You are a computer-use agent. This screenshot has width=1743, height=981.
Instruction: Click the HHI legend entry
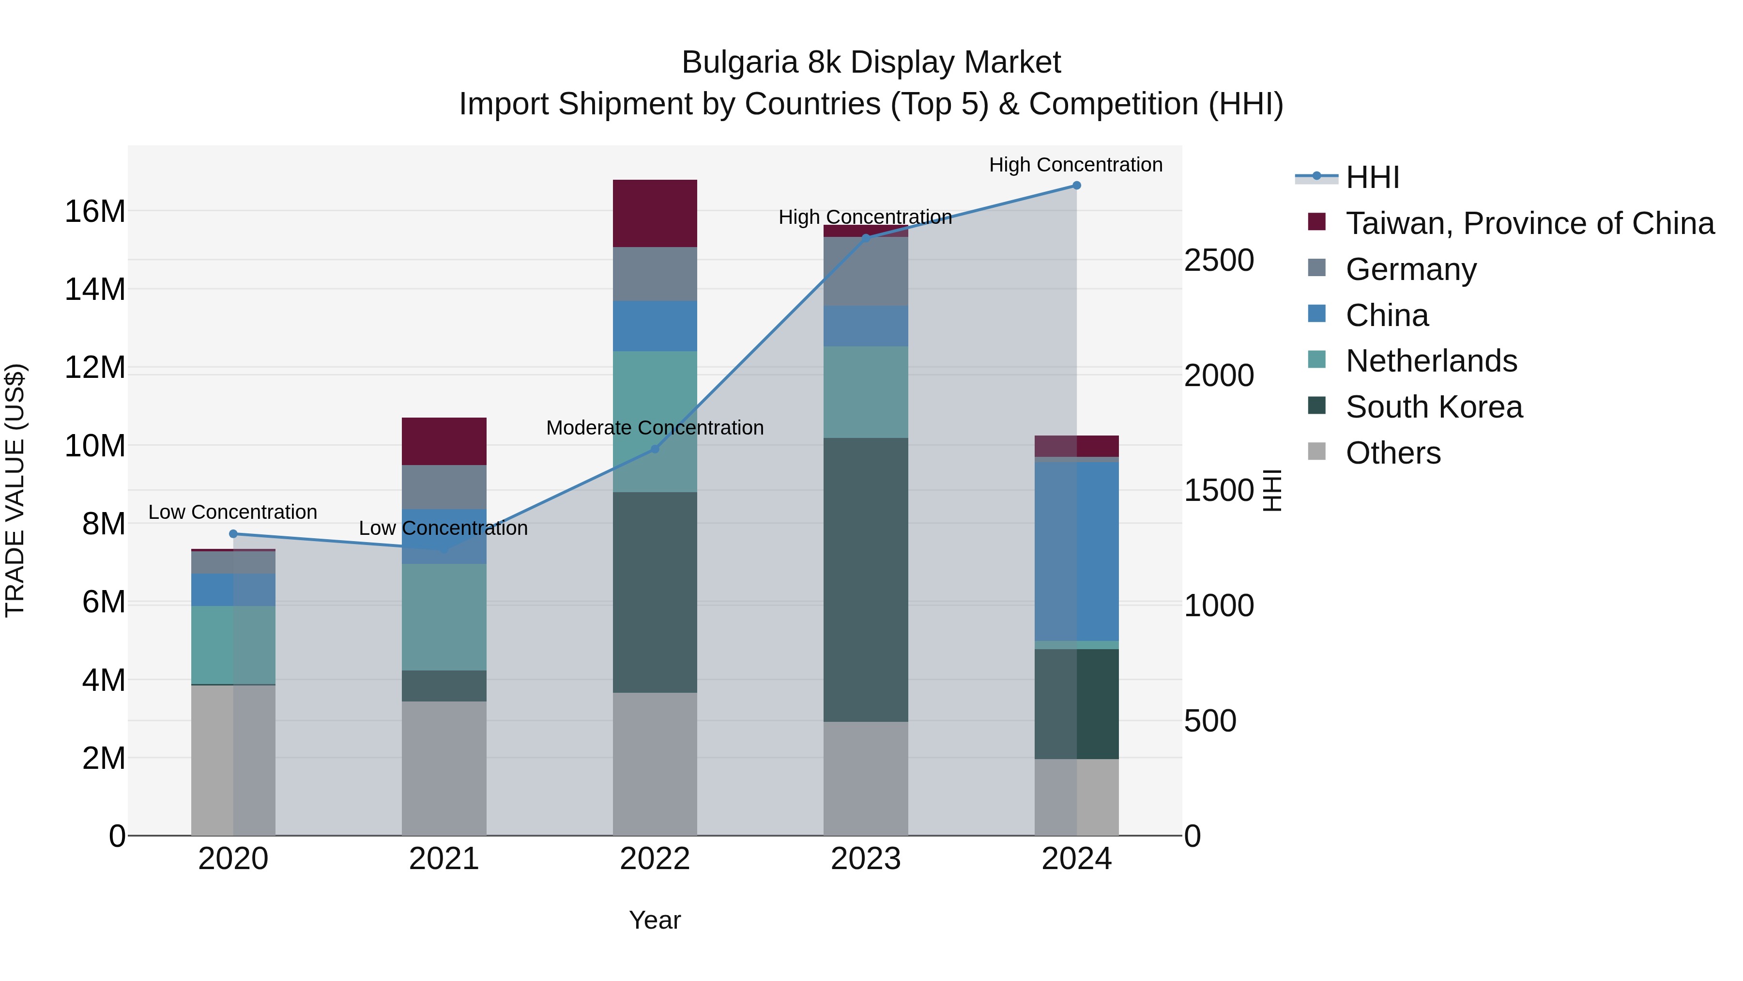(1372, 177)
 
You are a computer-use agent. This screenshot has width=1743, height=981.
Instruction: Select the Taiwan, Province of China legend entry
(1529, 223)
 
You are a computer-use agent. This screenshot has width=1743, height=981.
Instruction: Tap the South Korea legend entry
(1433, 407)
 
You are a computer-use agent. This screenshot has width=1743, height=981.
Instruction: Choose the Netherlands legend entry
(1430, 361)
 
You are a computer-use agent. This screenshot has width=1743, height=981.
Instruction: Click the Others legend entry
(1392, 453)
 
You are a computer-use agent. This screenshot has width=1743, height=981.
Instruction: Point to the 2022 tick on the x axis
(654, 859)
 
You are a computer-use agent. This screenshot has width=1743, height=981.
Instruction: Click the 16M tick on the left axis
(95, 211)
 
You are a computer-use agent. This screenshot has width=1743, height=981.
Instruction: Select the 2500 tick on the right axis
(1219, 261)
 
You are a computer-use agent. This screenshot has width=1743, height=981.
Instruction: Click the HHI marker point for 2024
(1076, 186)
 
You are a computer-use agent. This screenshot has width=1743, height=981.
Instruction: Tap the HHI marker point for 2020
(233, 533)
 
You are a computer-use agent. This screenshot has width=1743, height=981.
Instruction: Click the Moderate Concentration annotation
(654, 428)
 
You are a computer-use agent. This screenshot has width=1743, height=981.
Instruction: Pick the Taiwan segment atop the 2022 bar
(654, 213)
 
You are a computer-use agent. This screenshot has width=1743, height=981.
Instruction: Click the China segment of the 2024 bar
(1076, 551)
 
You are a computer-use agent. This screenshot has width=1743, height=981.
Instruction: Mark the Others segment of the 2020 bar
(233, 760)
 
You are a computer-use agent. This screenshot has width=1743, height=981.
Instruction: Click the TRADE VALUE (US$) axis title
(15, 490)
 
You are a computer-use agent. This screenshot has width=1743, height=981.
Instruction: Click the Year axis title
(654, 920)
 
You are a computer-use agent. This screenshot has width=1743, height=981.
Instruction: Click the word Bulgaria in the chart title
(739, 63)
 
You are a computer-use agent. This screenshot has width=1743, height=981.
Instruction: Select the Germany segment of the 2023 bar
(865, 271)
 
